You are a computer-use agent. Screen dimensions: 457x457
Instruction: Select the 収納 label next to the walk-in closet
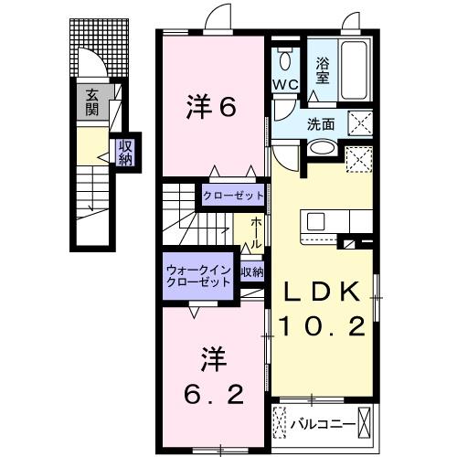pos(252,271)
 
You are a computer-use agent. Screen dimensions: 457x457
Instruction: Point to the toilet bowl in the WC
pos(286,61)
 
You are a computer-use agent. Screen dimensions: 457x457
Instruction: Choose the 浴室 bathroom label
pos(322,71)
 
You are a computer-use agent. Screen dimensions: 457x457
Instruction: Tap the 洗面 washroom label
pos(319,123)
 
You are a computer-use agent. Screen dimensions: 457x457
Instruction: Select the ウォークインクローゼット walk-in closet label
pos(199,276)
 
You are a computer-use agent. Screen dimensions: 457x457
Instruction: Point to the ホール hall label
pos(257,228)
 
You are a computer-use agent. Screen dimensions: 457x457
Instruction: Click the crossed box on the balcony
pos(366,423)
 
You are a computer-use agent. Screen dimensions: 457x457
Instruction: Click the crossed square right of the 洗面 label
pos(358,122)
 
